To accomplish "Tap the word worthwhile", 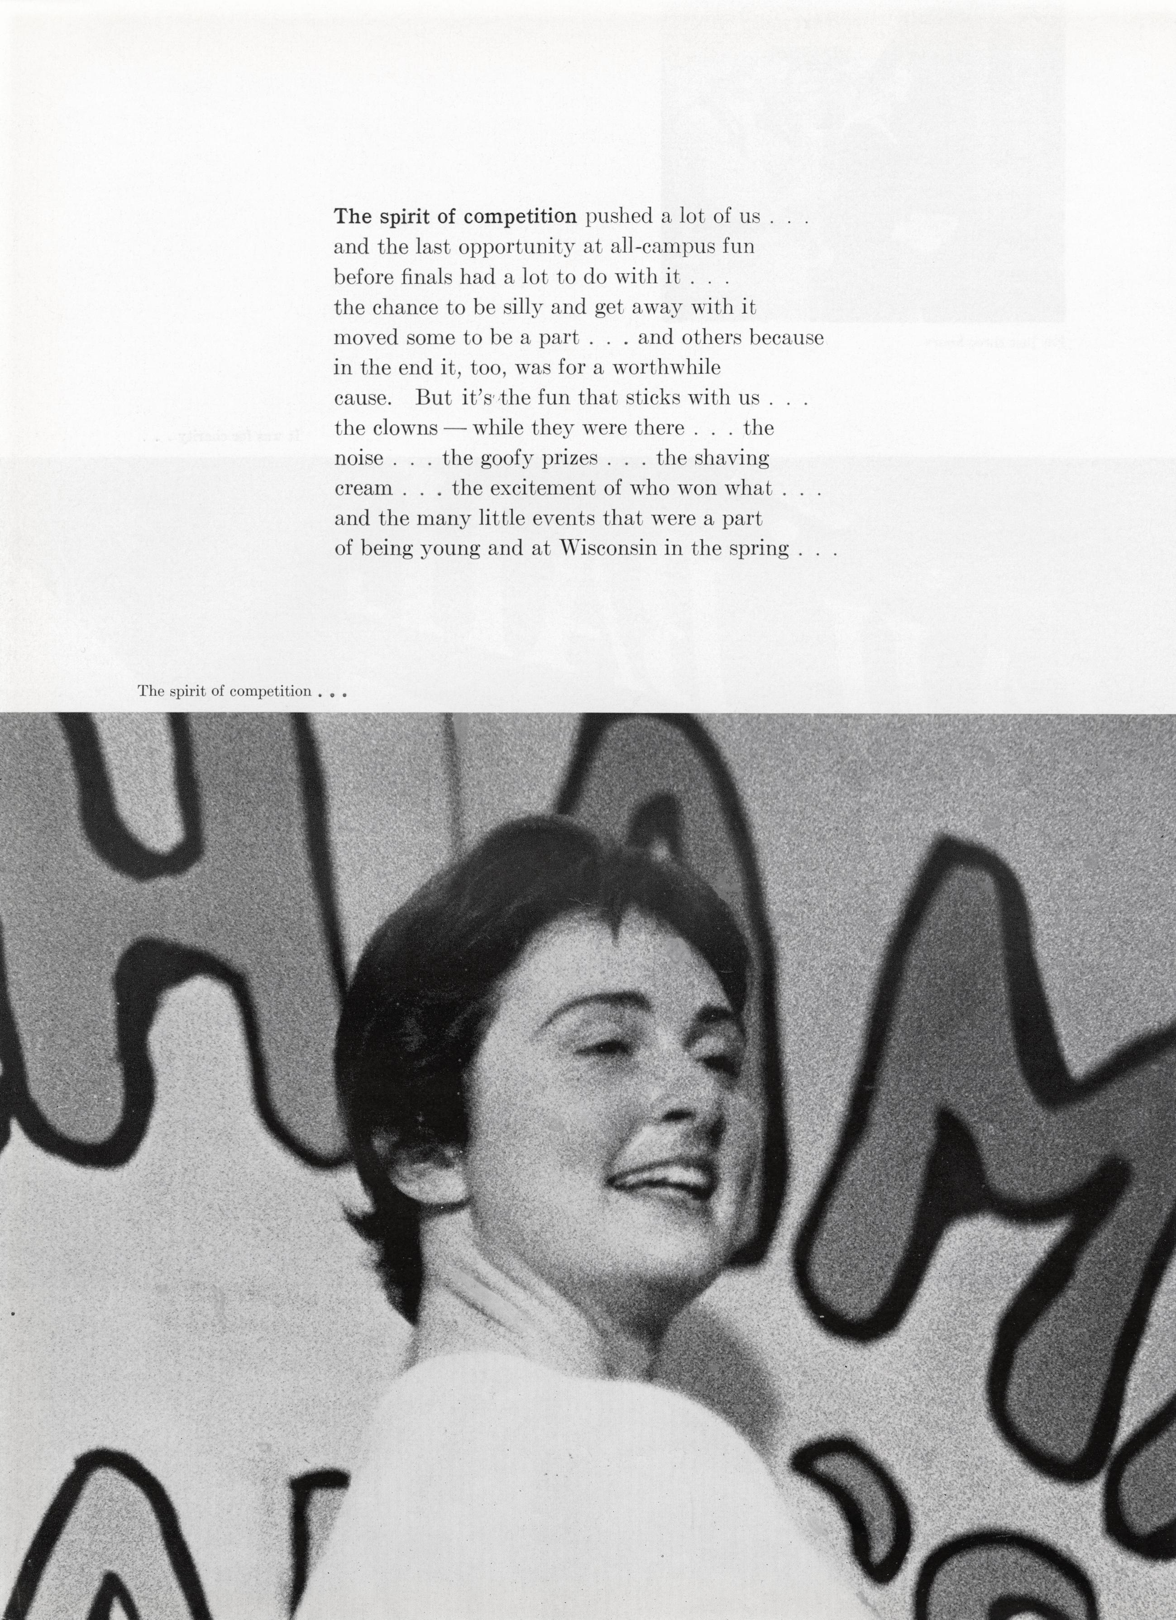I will click(x=666, y=367).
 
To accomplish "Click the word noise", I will click(x=359, y=458).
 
